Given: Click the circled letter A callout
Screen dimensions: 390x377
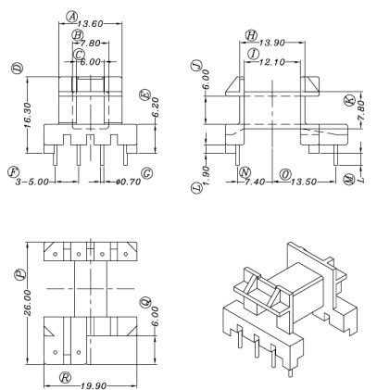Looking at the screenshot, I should tap(72, 16).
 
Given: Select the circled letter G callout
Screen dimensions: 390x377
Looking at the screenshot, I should tap(147, 173).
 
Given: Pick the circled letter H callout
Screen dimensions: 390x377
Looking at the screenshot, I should tap(250, 34).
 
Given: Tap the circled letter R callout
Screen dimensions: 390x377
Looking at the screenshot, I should tap(64, 375).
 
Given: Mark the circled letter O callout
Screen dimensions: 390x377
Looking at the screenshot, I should tap(285, 173).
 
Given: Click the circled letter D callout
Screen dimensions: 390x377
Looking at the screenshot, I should tap(18, 69).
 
